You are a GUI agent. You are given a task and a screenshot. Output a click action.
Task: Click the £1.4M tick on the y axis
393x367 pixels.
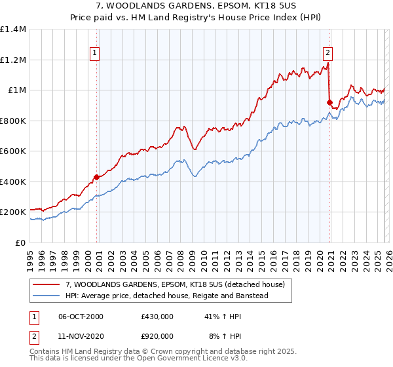[13, 29]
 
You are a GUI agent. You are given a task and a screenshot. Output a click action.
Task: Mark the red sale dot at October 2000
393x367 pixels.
[96, 177]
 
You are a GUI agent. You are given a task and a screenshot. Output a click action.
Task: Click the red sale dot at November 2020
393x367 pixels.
[329, 102]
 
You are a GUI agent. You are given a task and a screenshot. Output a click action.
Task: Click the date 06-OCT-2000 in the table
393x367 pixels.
[81, 317]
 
